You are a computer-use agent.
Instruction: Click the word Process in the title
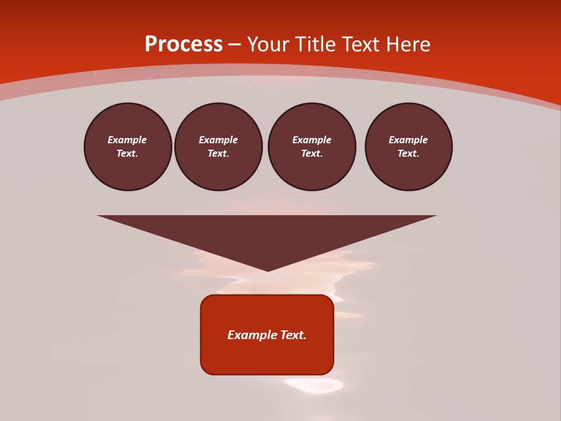click(183, 44)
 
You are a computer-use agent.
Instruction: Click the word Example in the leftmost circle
click(127, 140)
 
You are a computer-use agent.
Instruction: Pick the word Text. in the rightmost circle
click(408, 154)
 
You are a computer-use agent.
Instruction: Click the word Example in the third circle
click(312, 140)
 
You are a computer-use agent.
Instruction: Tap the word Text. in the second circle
click(219, 154)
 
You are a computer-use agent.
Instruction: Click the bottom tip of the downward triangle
click(268, 270)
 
